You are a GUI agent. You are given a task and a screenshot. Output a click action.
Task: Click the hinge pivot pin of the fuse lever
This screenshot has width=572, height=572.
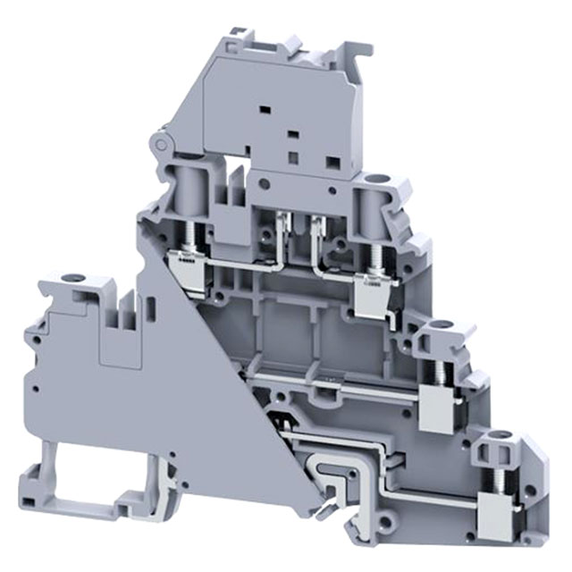pyautogui.click(x=162, y=144)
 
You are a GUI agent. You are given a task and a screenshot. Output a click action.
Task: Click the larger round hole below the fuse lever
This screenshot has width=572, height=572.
pyautogui.click(x=265, y=181)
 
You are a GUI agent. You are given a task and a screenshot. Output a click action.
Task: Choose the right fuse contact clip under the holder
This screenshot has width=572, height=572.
pyautogui.click(x=315, y=225)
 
